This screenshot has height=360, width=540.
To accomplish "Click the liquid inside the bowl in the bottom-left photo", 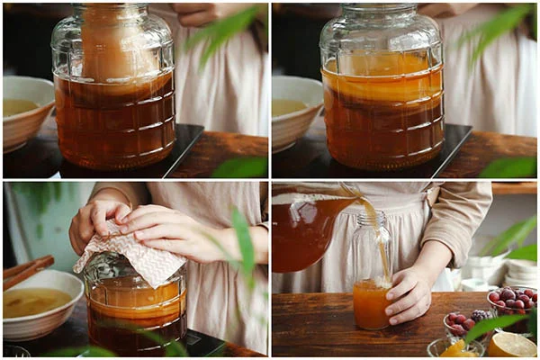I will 34,301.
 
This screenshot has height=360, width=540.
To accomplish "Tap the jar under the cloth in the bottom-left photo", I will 135,310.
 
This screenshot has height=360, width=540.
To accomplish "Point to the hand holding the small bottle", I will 409,292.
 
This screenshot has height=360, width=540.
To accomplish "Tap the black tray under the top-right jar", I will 454,144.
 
